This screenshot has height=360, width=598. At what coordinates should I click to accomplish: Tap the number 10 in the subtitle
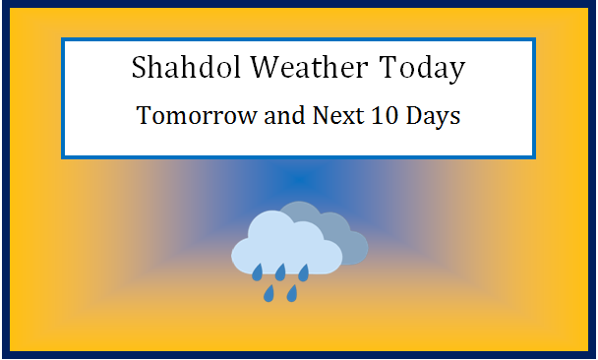388,116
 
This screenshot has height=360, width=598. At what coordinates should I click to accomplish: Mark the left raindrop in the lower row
269,293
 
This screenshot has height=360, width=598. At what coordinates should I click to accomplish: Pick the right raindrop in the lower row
292,293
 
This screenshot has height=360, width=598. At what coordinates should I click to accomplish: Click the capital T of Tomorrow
145,116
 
